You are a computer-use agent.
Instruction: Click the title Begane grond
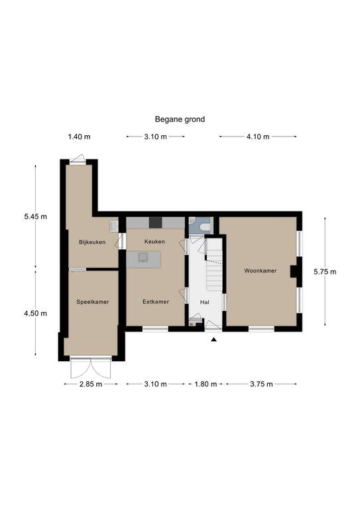click(x=180, y=119)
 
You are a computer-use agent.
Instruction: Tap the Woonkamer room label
click(x=261, y=270)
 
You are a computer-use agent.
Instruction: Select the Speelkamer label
click(x=93, y=302)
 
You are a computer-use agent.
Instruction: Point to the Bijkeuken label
click(x=92, y=242)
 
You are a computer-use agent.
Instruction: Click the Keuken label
click(x=154, y=241)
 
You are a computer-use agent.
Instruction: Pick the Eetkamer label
click(x=156, y=302)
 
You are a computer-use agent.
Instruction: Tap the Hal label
click(x=204, y=302)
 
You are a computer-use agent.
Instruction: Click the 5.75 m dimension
click(x=325, y=272)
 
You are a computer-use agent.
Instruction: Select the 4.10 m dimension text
click(x=258, y=137)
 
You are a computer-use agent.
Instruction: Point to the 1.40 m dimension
click(x=79, y=137)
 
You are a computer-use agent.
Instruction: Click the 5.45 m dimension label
click(x=35, y=217)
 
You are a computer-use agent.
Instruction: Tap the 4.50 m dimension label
click(x=35, y=313)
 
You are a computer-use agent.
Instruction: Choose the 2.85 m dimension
click(x=91, y=384)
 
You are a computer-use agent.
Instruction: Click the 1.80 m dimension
click(x=206, y=384)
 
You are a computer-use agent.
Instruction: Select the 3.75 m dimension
click(x=261, y=384)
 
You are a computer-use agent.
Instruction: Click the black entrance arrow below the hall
click(x=213, y=339)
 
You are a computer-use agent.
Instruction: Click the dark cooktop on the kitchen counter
click(x=156, y=223)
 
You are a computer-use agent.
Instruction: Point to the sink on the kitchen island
click(x=143, y=257)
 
